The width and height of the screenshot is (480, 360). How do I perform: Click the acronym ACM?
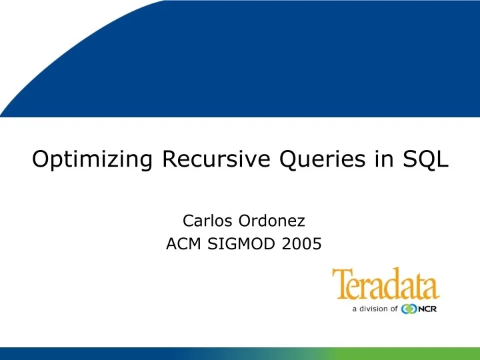(x=183, y=245)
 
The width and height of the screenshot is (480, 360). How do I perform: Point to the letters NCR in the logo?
(x=427, y=309)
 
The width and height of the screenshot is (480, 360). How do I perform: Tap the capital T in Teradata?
(x=341, y=284)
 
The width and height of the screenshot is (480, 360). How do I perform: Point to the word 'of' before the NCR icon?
(x=393, y=309)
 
